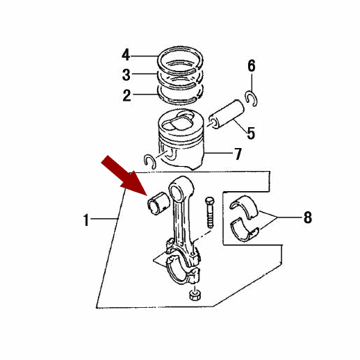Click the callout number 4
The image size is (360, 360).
pyautogui.click(x=126, y=55)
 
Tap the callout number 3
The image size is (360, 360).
pyautogui.click(x=126, y=74)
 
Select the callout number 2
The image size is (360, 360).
pyautogui.click(x=126, y=95)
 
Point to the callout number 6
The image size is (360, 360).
pyautogui.click(x=252, y=65)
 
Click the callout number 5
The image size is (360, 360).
pyautogui.click(x=251, y=133)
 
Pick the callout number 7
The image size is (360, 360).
pyautogui.click(x=238, y=154)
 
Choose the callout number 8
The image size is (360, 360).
pyautogui.click(x=308, y=218)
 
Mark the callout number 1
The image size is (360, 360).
pyautogui.click(x=86, y=220)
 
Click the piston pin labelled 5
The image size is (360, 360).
pyautogui.click(x=227, y=114)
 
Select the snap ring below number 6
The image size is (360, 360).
pyautogui.click(x=251, y=99)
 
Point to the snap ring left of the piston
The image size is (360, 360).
pyautogui.click(x=149, y=161)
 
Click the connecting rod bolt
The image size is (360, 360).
pyautogui.click(x=210, y=212)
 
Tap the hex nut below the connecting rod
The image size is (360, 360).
pyautogui.click(x=195, y=295)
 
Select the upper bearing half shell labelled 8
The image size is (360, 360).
pyautogui.click(x=245, y=206)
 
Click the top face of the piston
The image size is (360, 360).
pyautogui.click(x=180, y=122)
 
